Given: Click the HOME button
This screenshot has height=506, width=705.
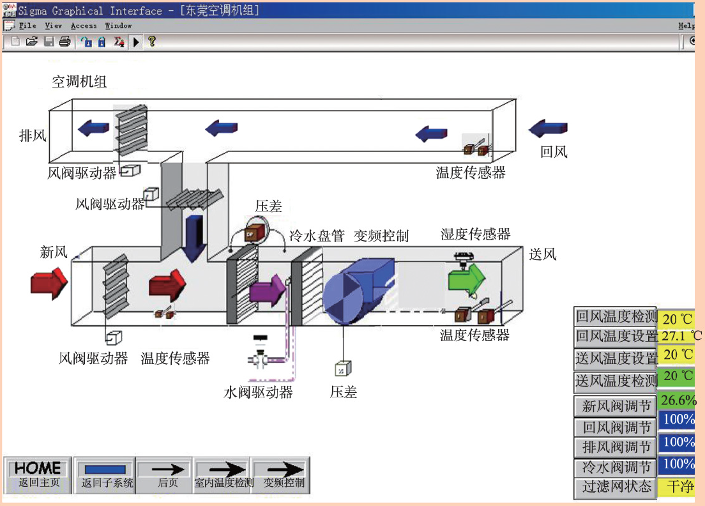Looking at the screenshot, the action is point(38,475).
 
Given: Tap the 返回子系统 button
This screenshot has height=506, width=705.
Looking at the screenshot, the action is point(106,475).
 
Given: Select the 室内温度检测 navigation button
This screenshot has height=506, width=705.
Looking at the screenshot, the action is point(224,475).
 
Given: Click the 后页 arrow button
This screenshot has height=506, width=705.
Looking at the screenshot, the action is point(167,475).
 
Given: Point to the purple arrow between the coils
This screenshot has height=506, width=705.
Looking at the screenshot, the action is point(267,290).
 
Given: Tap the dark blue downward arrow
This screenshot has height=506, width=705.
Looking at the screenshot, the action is point(194,238).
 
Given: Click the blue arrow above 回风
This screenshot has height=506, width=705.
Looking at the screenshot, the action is point(548,128).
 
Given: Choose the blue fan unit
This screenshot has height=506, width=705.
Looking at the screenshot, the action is point(358,291).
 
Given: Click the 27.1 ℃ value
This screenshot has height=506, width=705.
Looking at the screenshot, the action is point(681,336).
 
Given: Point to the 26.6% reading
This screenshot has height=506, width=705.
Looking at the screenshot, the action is point(678,400).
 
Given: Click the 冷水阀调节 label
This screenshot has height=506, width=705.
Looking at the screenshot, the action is point(616,467).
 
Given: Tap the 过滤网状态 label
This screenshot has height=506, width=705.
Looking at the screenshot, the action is point(616,487).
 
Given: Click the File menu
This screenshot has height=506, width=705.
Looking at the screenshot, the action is point(27,26).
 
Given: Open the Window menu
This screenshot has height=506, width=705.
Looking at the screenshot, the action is point(118,26).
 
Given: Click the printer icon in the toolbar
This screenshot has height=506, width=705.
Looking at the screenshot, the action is point(64,42).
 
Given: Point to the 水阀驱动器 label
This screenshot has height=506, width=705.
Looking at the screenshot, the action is point(258,392).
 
